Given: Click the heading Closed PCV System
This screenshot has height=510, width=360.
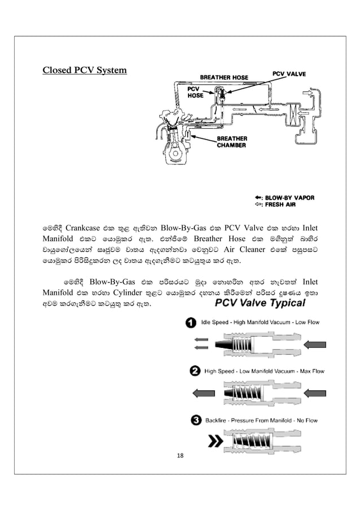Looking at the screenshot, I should [85, 71].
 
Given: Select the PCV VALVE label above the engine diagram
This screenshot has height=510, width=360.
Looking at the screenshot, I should [290, 73].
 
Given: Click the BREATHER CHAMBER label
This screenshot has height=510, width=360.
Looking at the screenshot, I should [232, 141].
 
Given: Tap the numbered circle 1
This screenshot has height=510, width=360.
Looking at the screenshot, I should [192, 322].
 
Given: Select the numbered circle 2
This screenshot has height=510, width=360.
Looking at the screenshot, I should [193, 371].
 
